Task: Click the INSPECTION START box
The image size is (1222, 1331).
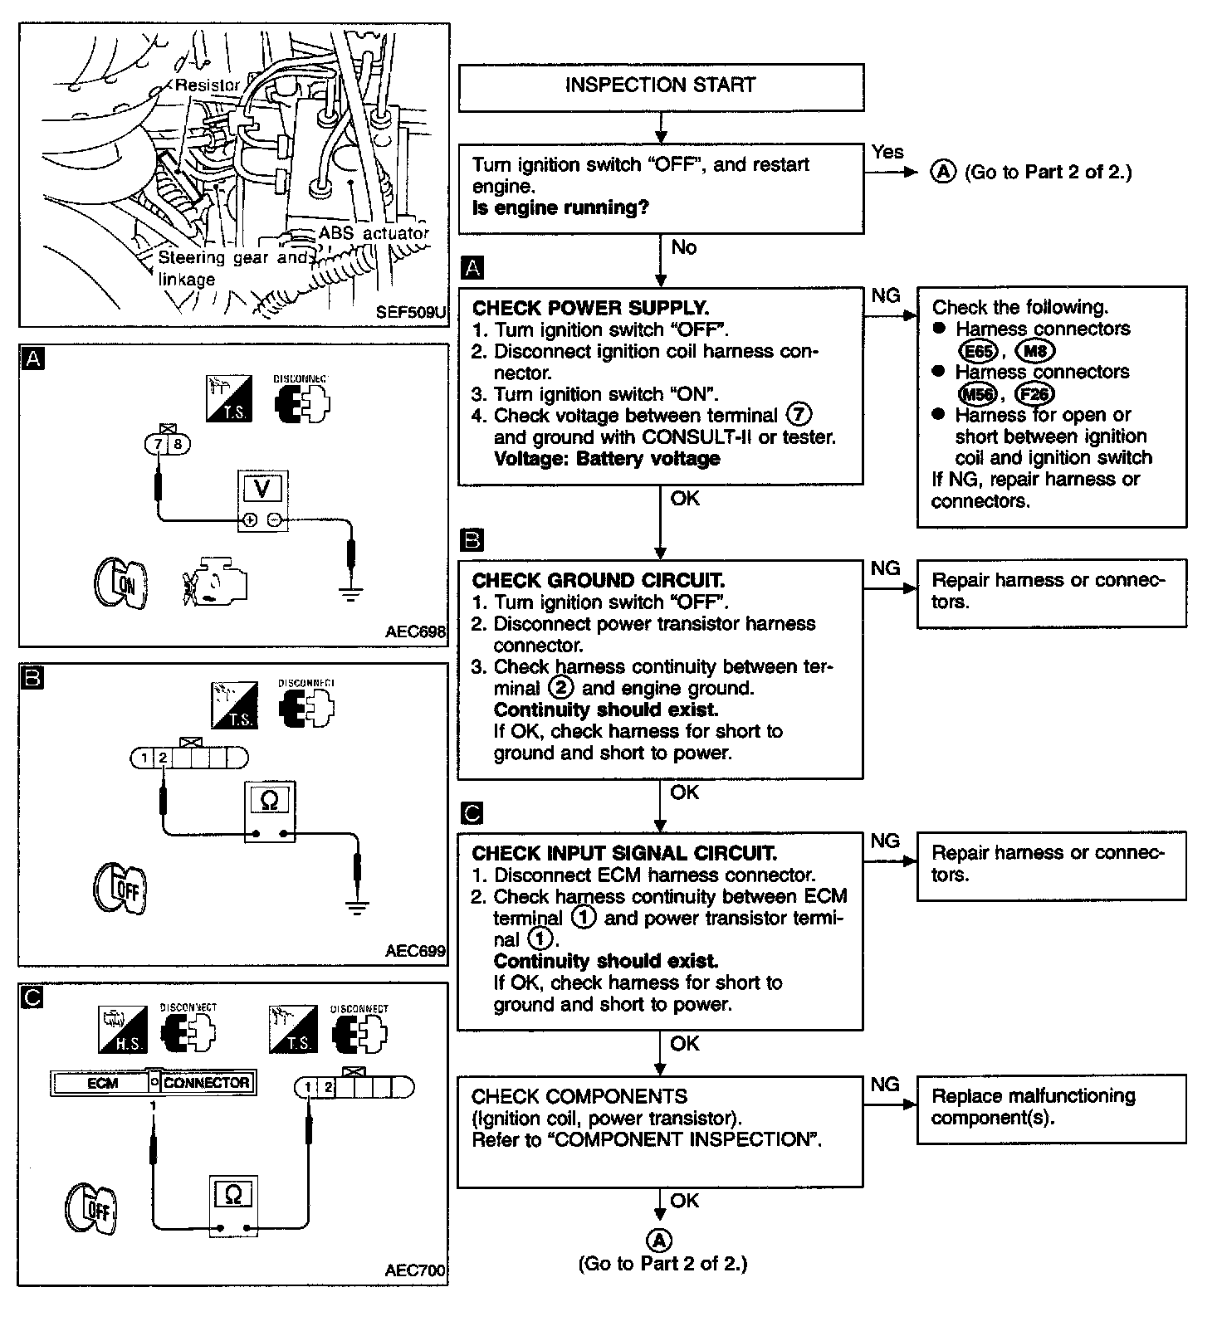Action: [660, 86]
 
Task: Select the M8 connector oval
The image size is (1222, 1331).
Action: [1035, 351]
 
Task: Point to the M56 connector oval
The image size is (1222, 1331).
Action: [977, 394]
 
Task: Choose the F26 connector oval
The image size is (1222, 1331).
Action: [1034, 394]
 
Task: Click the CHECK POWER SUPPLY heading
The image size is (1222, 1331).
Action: [590, 308]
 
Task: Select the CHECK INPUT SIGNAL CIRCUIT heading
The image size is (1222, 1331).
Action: [623, 853]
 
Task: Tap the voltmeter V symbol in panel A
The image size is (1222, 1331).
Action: [262, 489]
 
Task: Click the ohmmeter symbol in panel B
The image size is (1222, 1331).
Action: [270, 802]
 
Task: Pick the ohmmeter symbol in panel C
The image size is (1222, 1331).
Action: [233, 1195]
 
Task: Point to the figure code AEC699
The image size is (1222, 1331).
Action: [415, 951]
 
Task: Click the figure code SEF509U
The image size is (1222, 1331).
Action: [411, 313]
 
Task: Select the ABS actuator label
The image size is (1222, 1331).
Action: [374, 234]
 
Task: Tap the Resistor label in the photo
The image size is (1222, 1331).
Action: [207, 85]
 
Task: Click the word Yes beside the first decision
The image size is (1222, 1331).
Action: [887, 153]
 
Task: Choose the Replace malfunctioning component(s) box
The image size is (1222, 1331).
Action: [1051, 1109]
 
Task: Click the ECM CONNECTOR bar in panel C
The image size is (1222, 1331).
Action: [153, 1083]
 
